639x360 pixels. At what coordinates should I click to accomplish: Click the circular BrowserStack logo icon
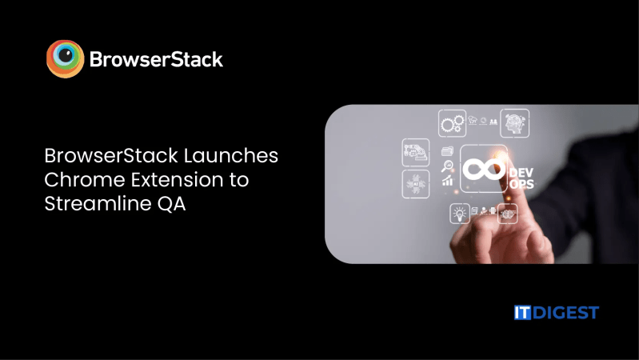[65, 58]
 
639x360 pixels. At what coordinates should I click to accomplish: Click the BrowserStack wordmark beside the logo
[156, 59]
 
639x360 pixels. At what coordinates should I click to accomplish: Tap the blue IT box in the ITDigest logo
[523, 312]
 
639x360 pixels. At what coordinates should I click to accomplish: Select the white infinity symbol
[483, 170]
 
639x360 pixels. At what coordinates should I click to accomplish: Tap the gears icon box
[452, 122]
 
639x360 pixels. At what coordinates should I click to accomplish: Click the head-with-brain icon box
[514, 122]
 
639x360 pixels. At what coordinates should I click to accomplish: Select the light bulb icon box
[459, 213]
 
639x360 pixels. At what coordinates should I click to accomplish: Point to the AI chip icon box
[414, 182]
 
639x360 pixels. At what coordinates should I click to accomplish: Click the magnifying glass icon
[449, 167]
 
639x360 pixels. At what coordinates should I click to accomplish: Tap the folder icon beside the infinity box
[447, 150]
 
